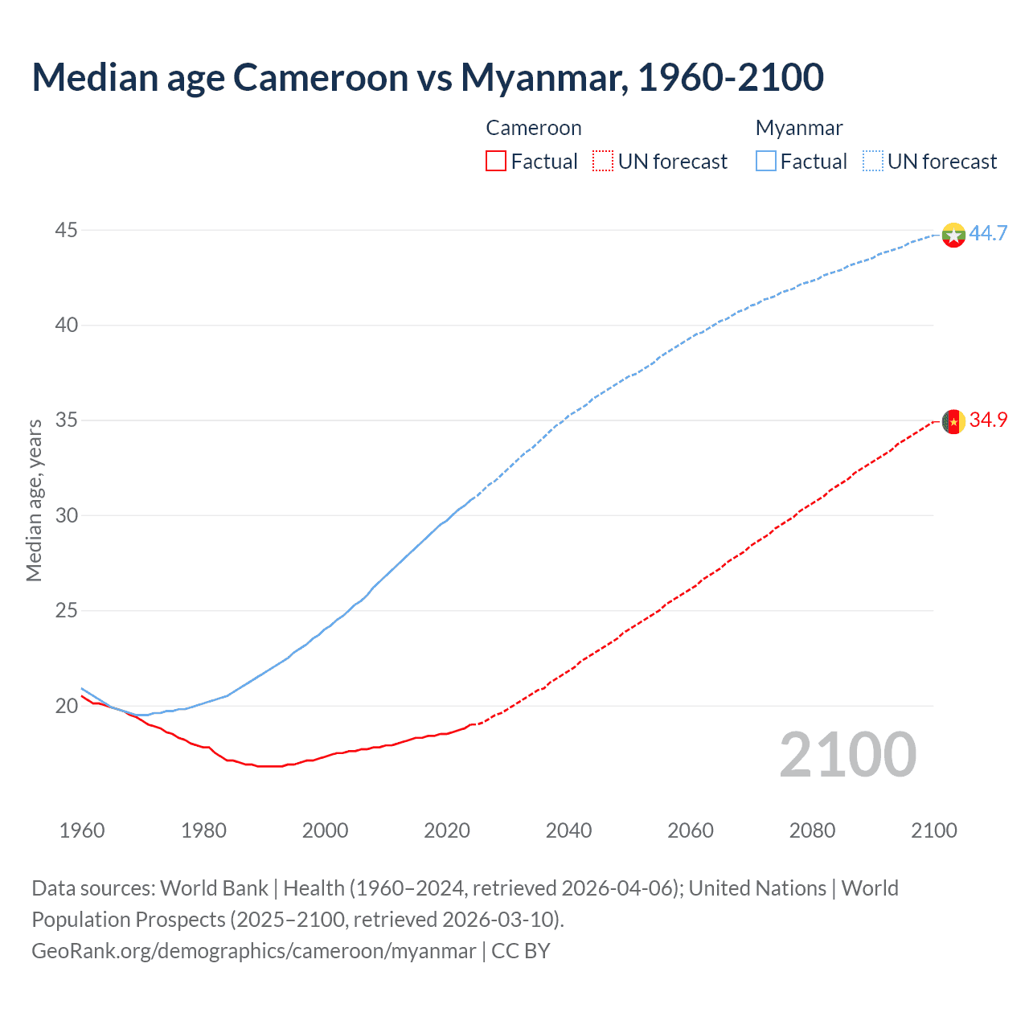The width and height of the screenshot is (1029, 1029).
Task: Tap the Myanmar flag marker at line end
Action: (953, 235)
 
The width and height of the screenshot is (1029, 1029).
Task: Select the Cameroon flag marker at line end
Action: (953, 421)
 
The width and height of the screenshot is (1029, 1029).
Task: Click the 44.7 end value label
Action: (988, 234)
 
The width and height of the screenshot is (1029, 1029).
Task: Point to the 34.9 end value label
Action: (988, 420)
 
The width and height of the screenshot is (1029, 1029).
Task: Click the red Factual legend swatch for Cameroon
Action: (496, 162)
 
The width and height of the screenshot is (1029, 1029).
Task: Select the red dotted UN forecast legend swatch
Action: (603, 162)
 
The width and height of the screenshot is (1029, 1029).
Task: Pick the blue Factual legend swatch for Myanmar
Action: (766, 162)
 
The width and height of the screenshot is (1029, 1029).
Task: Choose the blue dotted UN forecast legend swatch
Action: (873, 162)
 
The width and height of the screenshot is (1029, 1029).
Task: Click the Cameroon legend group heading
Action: (534, 129)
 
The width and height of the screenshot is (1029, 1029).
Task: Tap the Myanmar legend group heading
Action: (799, 129)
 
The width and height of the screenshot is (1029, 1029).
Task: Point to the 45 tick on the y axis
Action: (66, 231)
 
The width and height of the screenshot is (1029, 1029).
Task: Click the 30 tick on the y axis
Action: (66, 515)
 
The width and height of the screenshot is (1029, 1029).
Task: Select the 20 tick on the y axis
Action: (66, 706)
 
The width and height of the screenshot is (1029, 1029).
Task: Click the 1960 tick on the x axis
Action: (82, 830)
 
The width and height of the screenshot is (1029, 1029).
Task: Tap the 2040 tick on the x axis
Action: (568, 830)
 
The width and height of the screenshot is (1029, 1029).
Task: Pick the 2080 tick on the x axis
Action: (812, 830)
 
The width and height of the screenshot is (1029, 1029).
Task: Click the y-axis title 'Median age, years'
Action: (34, 500)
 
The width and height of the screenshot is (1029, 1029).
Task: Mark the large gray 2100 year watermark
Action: (848, 754)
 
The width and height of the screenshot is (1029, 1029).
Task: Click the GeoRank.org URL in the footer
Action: (253, 951)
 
